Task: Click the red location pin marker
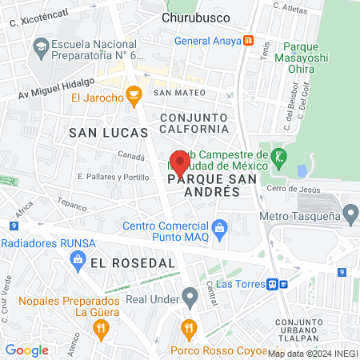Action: tap(180, 165)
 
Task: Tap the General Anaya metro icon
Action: tap(249, 40)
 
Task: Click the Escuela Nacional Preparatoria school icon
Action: tap(39, 48)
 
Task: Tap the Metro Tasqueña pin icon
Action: tap(350, 214)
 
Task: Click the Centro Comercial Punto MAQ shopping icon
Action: tap(221, 231)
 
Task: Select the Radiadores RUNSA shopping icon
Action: tap(78, 258)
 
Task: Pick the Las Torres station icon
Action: tap(274, 283)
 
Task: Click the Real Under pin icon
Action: tap(190, 299)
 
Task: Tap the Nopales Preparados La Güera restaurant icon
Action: tap(100, 327)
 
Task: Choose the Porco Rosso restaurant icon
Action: tap(189, 327)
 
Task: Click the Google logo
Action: tap(26, 350)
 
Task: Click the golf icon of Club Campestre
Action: tap(278, 155)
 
